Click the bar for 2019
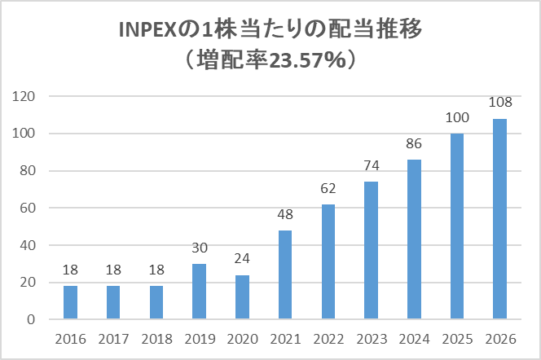click(198, 291)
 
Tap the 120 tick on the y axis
click(26, 97)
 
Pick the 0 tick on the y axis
click(33, 319)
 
